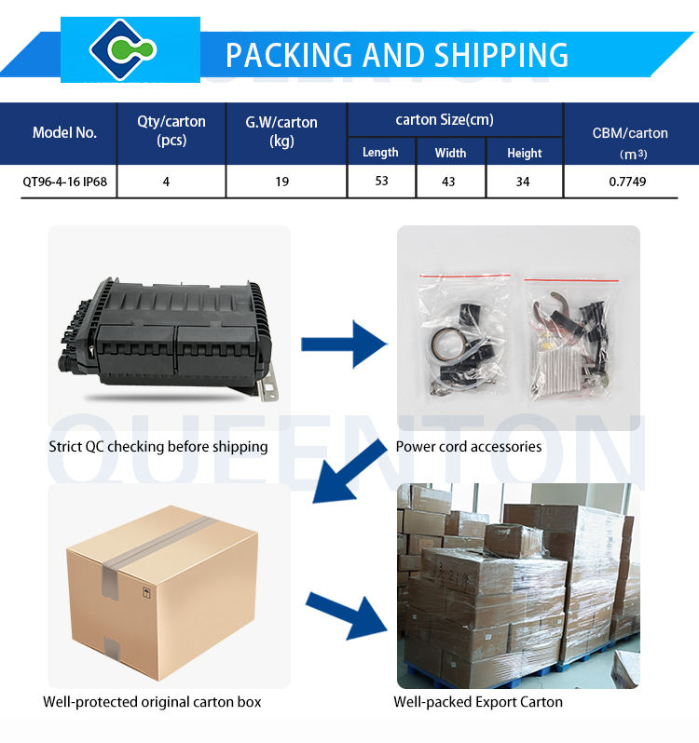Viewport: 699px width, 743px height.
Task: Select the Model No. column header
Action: [64, 132]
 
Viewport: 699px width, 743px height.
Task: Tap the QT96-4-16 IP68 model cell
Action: [64, 182]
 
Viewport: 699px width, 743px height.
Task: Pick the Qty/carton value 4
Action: [166, 182]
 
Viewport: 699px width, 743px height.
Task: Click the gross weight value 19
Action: [281, 182]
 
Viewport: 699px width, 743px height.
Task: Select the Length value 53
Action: [381, 181]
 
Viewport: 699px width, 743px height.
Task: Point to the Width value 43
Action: [448, 182]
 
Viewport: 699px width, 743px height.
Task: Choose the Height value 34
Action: [523, 182]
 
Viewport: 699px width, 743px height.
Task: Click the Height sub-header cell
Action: [525, 153]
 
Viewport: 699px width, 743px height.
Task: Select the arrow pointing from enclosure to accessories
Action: [344, 344]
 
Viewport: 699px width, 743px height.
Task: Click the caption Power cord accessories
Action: [468, 447]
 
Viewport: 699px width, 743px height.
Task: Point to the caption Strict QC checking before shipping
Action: [158, 447]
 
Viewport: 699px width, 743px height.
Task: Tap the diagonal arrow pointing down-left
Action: [349, 471]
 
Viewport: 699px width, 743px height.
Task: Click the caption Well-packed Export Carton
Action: [478, 702]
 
